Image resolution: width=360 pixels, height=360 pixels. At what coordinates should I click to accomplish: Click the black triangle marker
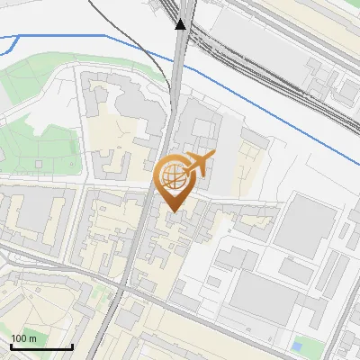[x=181, y=23]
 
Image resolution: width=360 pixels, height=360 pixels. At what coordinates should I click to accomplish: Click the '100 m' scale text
[x=23, y=338]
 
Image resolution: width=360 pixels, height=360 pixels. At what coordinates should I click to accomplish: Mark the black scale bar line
[x=40, y=346]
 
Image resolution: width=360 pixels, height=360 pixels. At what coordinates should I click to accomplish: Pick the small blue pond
[x=298, y=345]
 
